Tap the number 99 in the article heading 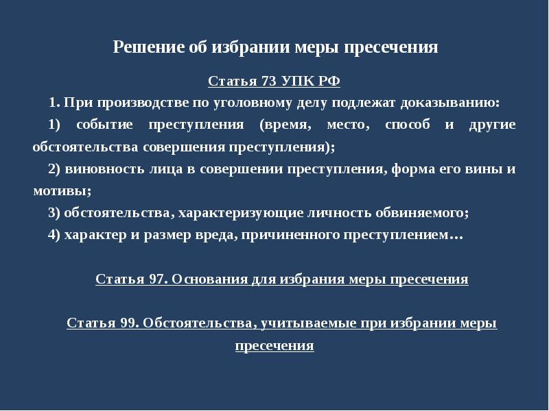click(x=128, y=323)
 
